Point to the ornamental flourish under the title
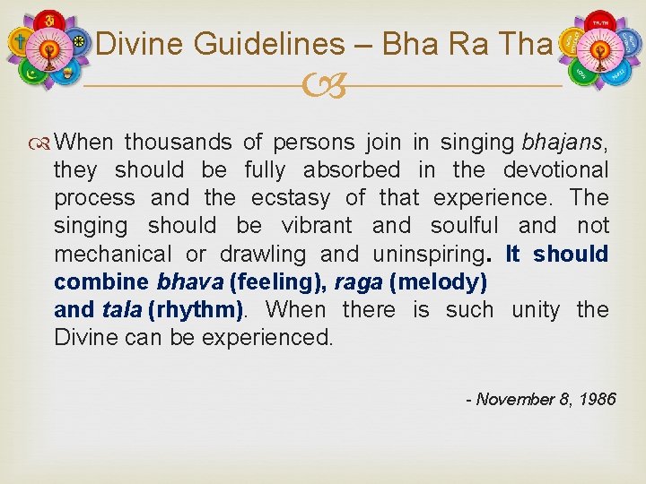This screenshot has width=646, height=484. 323,87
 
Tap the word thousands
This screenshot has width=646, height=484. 179,142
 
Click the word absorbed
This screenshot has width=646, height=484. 351,169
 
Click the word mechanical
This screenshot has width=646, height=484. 110,254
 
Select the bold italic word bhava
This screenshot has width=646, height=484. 190,281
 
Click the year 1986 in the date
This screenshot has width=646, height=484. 597,399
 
